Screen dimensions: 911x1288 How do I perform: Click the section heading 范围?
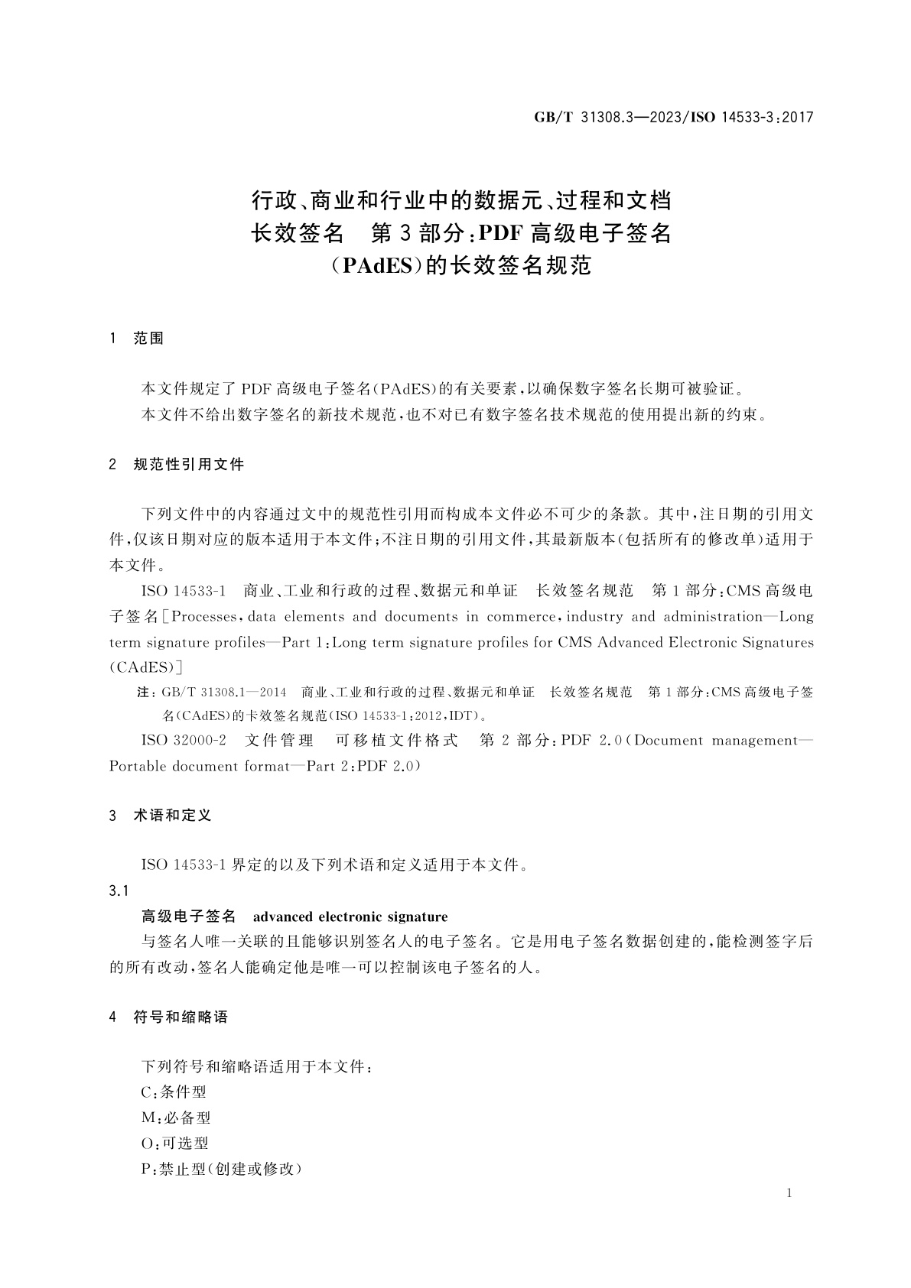(148, 339)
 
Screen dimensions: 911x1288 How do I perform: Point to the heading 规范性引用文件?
(189, 464)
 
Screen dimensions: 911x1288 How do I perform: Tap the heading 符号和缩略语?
(181, 1017)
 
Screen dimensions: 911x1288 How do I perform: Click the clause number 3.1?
(119, 891)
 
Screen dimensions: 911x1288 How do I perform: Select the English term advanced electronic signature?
(350, 917)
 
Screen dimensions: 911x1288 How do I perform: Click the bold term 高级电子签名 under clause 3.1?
(189, 917)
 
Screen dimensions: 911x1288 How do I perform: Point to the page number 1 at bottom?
(789, 1193)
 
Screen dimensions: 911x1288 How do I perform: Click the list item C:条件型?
(174, 1092)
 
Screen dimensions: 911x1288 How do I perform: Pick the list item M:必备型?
(176, 1118)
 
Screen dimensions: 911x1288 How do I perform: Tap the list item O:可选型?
(174, 1143)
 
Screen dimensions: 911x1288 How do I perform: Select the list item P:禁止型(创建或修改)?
(222, 1169)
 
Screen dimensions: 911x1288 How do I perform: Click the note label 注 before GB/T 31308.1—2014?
(143, 693)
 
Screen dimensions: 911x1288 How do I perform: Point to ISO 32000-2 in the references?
(184, 741)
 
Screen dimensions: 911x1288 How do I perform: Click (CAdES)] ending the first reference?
(145, 667)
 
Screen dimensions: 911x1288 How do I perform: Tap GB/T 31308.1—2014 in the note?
(223, 693)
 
